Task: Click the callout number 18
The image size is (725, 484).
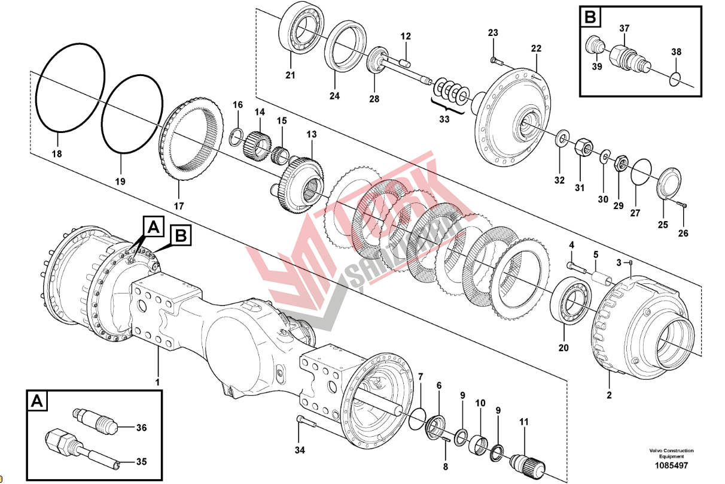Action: [57, 154]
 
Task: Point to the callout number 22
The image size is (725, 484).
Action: [536, 48]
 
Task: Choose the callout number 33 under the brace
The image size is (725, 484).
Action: [444, 119]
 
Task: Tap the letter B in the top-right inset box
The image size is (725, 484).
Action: [590, 17]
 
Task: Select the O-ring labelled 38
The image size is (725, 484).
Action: [676, 78]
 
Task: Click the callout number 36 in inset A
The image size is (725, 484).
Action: [141, 428]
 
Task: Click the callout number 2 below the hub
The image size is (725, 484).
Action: [610, 395]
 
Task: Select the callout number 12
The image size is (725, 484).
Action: [406, 37]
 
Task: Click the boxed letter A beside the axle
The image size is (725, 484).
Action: [154, 227]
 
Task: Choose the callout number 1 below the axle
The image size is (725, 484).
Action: [158, 382]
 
